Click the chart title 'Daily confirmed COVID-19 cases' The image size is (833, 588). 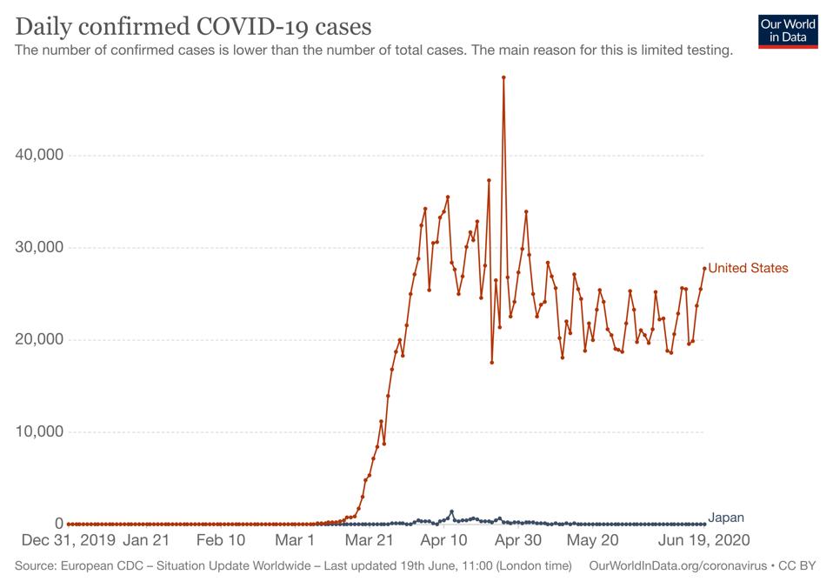(193, 26)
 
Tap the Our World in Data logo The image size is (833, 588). (788, 30)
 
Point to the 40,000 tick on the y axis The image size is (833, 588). (40, 156)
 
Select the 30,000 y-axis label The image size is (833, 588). (40, 248)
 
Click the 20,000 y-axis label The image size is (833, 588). (40, 340)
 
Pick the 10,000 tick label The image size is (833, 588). (40, 432)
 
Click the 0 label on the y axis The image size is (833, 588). (59, 524)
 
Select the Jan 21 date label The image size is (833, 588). (146, 541)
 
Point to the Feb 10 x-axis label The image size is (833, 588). (220, 541)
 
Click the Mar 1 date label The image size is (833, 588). (295, 541)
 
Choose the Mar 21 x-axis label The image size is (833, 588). (370, 541)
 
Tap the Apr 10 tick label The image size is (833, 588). (444, 541)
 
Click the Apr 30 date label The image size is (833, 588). (518, 541)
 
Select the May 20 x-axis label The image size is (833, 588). (592, 541)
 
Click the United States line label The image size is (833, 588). (748, 268)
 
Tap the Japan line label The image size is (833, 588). (726, 518)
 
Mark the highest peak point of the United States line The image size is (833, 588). (503, 77)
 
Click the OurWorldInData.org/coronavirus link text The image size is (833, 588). (678, 566)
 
